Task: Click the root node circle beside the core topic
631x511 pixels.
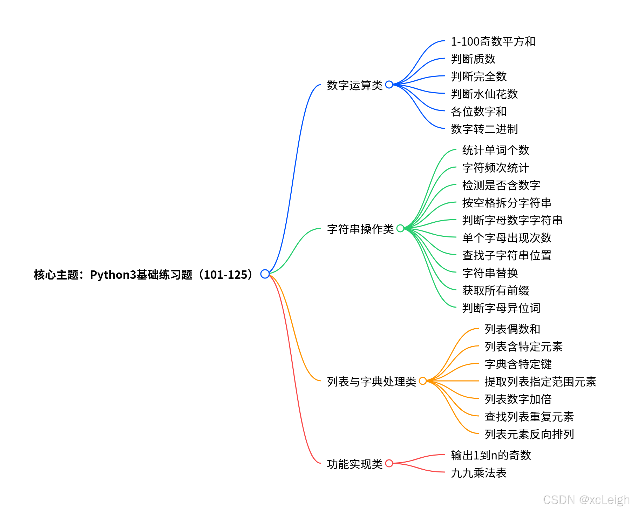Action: (265, 274)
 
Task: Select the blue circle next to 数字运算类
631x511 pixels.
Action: (389, 85)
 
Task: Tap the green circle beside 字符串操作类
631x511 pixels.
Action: (400, 228)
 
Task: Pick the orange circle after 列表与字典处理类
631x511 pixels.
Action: (422, 381)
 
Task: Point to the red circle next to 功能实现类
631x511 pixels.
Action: (389, 463)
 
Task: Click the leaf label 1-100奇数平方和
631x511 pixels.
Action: (493, 42)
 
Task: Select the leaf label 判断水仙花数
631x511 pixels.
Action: (484, 94)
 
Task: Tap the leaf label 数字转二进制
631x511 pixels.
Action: (484, 129)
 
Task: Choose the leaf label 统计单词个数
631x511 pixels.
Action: (495, 150)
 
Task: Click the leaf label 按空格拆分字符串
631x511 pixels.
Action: (507, 203)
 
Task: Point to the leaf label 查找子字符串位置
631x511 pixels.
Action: (507, 255)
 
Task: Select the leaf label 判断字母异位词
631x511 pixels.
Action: (501, 308)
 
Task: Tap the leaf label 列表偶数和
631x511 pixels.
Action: (512, 329)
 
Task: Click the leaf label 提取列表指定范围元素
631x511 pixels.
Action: (540, 382)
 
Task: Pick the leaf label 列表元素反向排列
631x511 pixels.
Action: (529, 434)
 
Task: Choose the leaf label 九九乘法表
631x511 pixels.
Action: (479, 473)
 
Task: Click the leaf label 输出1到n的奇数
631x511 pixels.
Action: (491, 455)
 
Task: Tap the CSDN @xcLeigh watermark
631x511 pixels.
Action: (586, 499)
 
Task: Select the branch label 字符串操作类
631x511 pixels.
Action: (360, 229)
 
